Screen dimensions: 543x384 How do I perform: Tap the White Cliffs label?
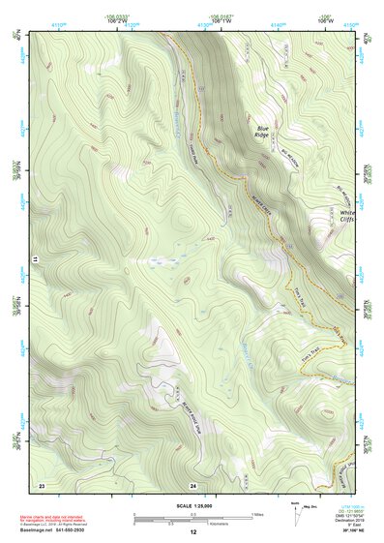(x=347, y=216)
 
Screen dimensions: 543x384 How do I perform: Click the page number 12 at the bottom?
(x=192, y=532)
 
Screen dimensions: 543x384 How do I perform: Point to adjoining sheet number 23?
(x=42, y=483)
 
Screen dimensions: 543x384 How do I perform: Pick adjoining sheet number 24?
(x=193, y=483)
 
